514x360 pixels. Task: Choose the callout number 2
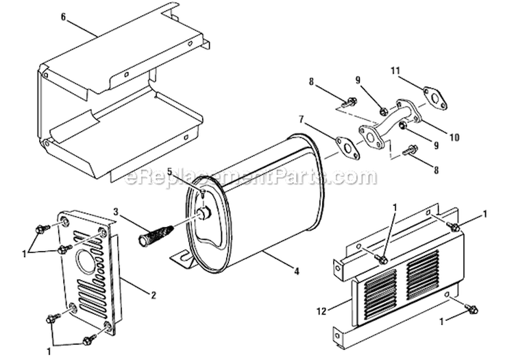pyautogui.click(x=153, y=296)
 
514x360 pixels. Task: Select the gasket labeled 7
pyautogui.click(x=347, y=147)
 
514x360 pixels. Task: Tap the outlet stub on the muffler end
pyautogui.click(x=204, y=215)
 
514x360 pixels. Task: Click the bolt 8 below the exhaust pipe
pyautogui.click(x=409, y=149)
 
